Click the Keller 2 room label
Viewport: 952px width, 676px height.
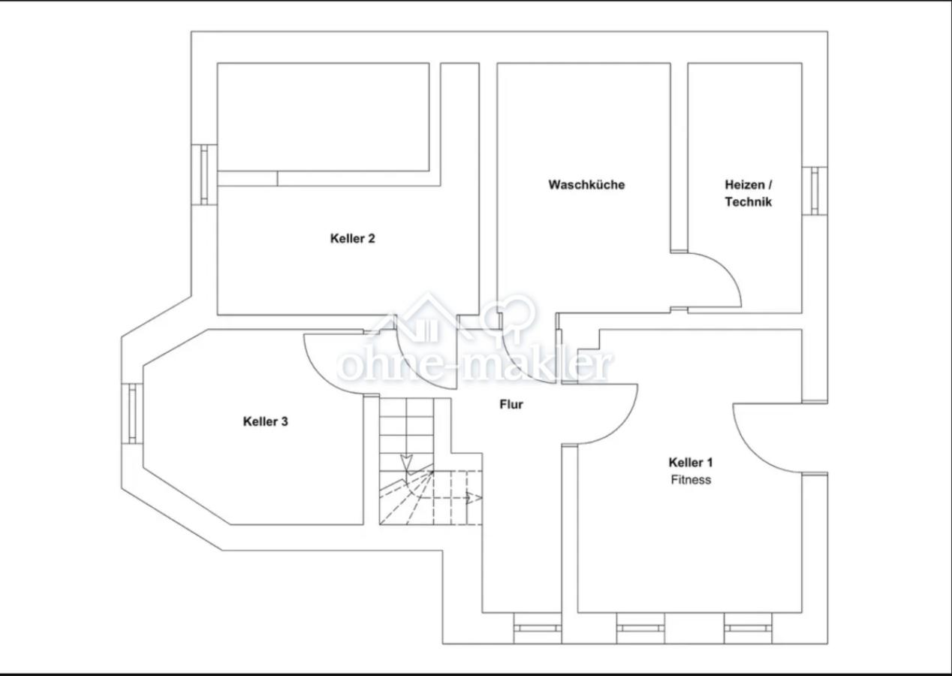[352, 239]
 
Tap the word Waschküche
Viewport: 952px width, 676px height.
[586, 185]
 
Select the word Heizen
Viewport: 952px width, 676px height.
[745, 185]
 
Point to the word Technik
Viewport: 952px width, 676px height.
[748, 202]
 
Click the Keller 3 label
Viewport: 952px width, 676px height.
[265, 421]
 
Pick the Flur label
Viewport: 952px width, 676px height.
[511, 404]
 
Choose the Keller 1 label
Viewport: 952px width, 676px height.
[691, 462]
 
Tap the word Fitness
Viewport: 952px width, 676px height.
[691, 479]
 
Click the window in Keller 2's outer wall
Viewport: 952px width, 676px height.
[204, 175]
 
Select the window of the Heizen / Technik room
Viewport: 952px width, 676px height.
[815, 191]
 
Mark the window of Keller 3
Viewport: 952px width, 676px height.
[132, 414]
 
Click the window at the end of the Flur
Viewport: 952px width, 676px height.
[538, 628]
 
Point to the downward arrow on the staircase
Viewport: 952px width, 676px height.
[407, 464]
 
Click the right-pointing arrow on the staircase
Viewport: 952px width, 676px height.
[473, 498]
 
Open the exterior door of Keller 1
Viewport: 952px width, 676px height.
[752, 451]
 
